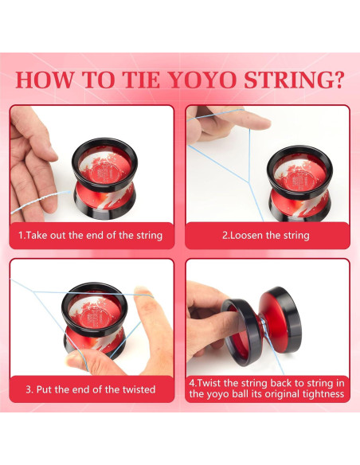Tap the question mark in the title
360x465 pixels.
click(338, 80)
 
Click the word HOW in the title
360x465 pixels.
click(46, 80)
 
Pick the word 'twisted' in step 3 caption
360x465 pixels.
click(133, 389)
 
